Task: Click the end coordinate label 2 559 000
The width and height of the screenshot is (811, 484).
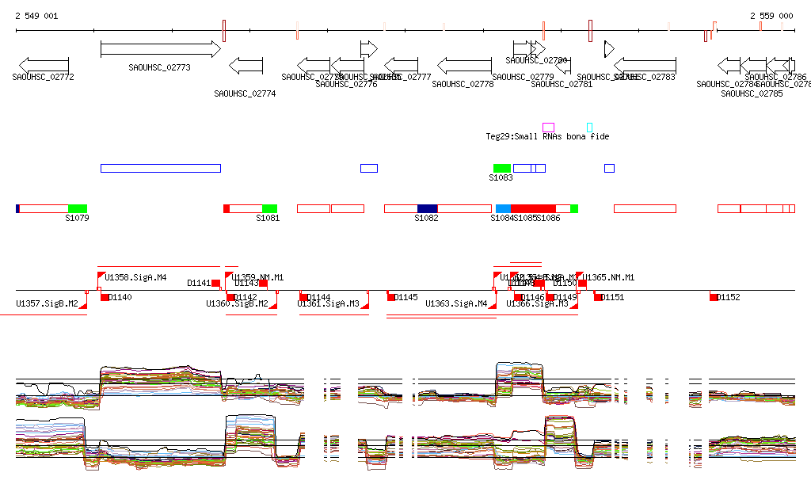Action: (x=771, y=16)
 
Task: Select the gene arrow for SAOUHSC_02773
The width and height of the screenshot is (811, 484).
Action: (x=160, y=49)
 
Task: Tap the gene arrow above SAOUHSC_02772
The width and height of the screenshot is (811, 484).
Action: (x=43, y=64)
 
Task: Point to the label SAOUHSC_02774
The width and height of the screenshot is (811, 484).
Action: (x=245, y=93)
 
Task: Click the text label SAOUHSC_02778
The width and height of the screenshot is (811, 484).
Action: (x=463, y=84)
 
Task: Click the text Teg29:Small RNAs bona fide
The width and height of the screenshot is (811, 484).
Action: (x=547, y=136)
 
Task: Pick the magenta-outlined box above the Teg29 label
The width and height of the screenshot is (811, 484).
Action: (x=548, y=127)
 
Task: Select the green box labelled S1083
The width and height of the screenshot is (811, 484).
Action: (x=502, y=168)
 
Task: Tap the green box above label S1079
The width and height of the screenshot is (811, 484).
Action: (x=78, y=208)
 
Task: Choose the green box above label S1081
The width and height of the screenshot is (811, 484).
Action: (x=269, y=208)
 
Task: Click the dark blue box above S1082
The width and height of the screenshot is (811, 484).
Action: (x=427, y=208)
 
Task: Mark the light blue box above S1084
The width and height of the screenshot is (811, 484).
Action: (x=504, y=208)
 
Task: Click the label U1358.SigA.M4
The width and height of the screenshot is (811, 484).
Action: (x=135, y=277)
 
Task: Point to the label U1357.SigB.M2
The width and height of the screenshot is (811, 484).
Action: (x=47, y=303)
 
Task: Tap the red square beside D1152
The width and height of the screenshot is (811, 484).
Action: (x=714, y=297)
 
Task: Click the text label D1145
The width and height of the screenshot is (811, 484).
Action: (x=406, y=297)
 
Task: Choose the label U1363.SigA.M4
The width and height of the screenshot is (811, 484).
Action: (x=456, y=303)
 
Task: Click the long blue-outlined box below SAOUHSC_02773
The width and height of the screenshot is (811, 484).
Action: (x=160, y=168)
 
